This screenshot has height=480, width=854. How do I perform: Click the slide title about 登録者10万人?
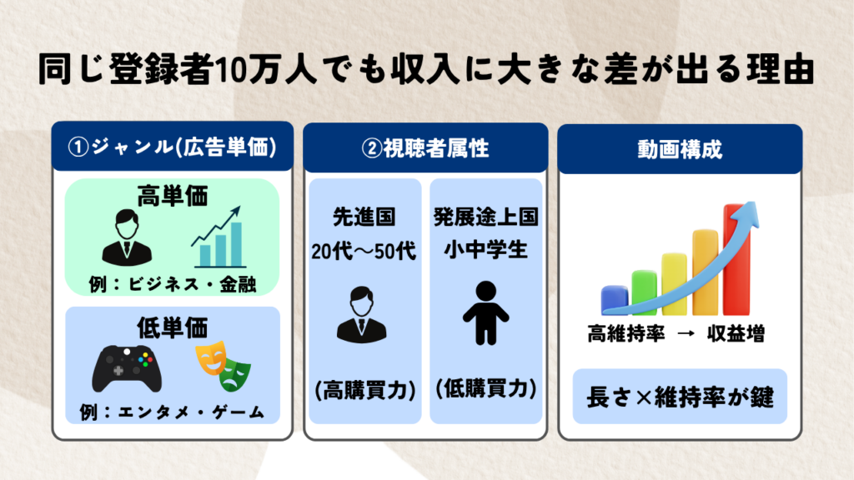click(x=426, y=70)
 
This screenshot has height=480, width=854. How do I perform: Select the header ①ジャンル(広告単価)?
click(x=173, y=147)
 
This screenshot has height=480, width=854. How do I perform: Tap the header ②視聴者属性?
click(x=425, y=148)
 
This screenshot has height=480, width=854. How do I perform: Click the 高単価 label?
click(x=172, y=196)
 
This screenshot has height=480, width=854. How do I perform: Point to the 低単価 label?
click(x=172, y=327)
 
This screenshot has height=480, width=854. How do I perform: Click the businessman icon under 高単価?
click(x=127, y=237)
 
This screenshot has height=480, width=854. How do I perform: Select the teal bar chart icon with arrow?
click(x=218, y=237)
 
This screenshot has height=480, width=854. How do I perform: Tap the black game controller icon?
click(x=127, y=368)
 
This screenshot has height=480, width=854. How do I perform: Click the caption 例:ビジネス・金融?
click(x=172, y=284)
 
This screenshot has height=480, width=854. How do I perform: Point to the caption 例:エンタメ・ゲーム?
click(x=172, y=412)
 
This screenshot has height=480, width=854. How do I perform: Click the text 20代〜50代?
click(x=364, y=252)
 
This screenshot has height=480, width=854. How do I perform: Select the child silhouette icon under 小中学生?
click(x=486, y=313)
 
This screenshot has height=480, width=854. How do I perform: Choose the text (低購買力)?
click(x=486, y=388)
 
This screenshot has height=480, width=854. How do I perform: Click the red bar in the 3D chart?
click(x=737, y=260)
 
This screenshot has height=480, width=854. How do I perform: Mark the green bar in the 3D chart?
click(x=645, y=292)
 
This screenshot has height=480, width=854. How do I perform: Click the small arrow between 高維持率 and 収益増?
click(x=686, y=333)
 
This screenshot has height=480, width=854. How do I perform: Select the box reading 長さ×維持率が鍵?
click(x=680, y=397)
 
